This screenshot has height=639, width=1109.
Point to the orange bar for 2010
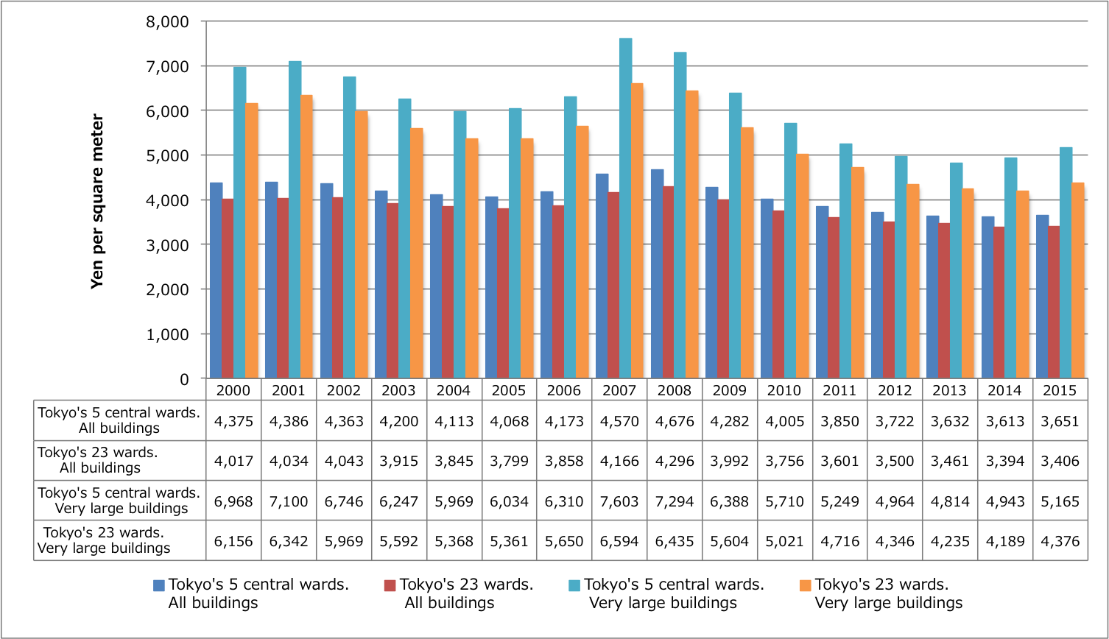[x=802, y=266]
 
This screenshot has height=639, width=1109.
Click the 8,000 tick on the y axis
[x=168, y=21]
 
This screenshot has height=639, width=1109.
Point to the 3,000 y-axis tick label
[x=168, y=245]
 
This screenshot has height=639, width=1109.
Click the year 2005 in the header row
[x=509, y=390]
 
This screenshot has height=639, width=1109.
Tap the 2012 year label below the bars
[x=895, y=390]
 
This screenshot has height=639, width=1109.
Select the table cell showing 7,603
[x=619, y=501]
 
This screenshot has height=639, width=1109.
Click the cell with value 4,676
[x=674, y=421]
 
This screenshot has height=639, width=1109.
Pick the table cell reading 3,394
[x=1004, y=461]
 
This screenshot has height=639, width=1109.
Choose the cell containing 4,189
[x=1004, y=541]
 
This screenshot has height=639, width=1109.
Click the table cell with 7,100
[x=289, y=501]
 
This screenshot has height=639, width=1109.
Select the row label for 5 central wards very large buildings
[x=119, y=501]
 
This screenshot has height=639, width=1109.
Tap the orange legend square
[x=805, y=586]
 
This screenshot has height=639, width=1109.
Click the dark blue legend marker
[x=159, y=586]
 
